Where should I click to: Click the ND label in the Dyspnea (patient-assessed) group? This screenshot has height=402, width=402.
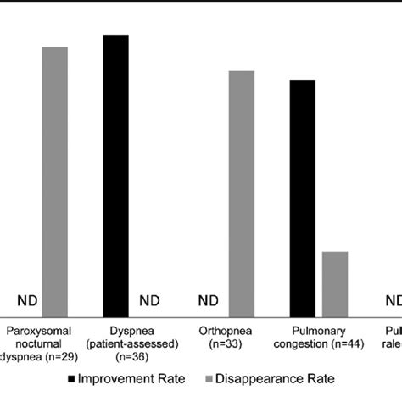pyautogui.click(x=149, y=300)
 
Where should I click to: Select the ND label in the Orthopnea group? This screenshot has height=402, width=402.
pyautogui.click(x=209, y=300)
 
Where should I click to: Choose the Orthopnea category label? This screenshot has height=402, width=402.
pyautogui.click(x=225, y=330)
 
